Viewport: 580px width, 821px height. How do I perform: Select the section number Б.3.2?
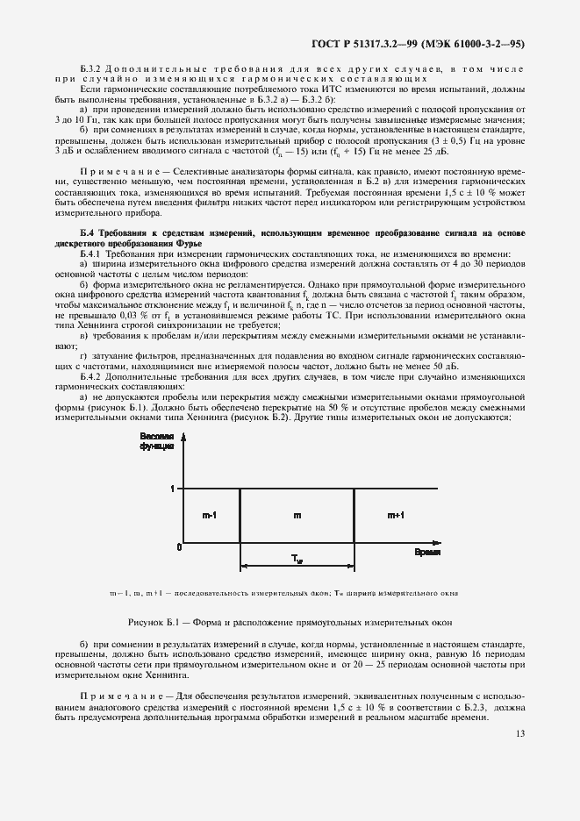tap(92, 68)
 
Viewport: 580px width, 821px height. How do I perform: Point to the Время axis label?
tap(427, 553)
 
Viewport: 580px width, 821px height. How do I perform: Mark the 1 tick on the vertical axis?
tap(174, 489)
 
